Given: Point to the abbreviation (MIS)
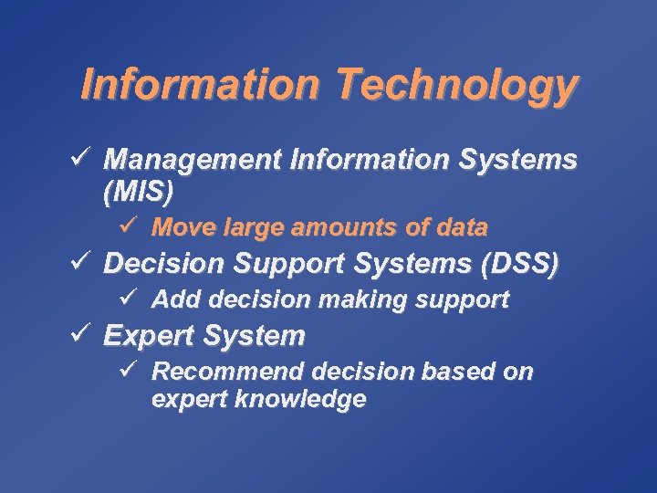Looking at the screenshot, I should [138, 192].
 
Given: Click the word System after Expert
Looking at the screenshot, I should [254, 336].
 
